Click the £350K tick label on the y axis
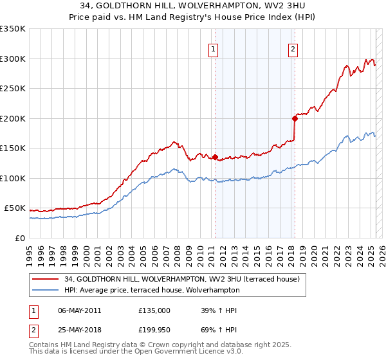pos(12,29)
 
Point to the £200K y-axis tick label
pos(12,118)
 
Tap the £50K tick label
pos(14,208)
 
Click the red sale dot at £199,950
pos(295,118)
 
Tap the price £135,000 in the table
pos(154,310)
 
